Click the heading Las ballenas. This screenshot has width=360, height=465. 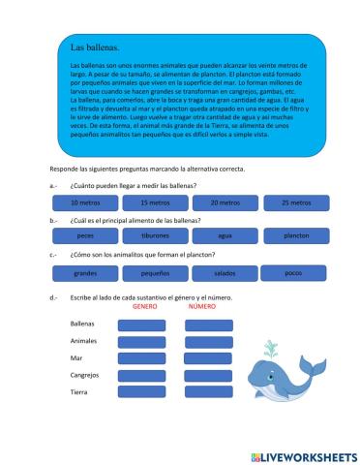[x=95, y=46]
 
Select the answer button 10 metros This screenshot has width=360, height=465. [x=85, y=202]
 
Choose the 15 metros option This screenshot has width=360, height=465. [x=155, y=202]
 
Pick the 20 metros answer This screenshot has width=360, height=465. [x=225, y=202]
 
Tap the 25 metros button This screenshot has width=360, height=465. [x=295, y=202]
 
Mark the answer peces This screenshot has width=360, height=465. [x=85, y=235]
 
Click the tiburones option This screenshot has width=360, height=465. [x=155, y=235]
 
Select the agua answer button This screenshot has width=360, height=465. [x=225, y=235]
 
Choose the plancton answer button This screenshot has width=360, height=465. [x=295, y=235]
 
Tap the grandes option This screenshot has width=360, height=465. [x=85, y=273]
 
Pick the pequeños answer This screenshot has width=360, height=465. [x=155, y=273]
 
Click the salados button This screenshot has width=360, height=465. [x=225, y=273]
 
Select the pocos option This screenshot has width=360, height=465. [x=295, y=273]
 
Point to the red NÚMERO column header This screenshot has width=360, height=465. [x=201, y=306]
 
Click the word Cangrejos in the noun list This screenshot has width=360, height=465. [x=85, y=375]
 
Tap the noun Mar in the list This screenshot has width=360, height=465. [x=76, y=357]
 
